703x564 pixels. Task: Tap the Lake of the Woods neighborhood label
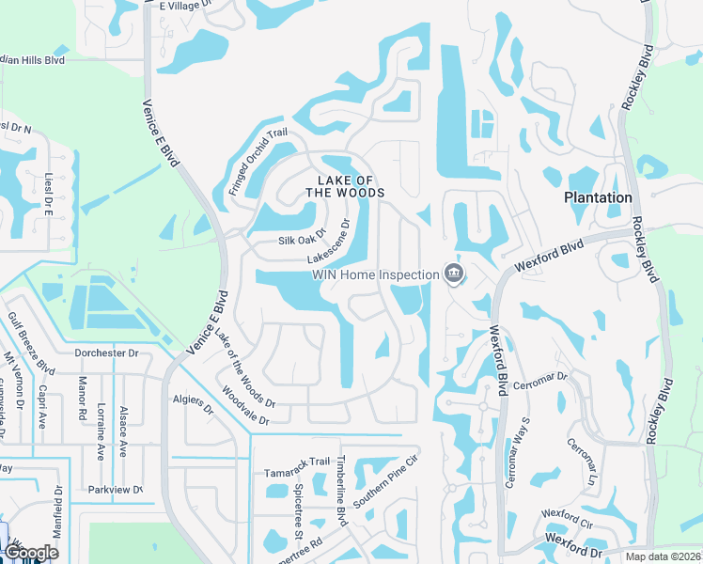(346, 186)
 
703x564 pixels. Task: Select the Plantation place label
(598, 197)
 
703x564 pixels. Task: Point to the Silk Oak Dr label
(301, 239)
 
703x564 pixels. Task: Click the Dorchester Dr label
(106, 353)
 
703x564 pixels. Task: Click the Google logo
(30, 553)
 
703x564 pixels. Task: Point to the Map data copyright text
(662, 556)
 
